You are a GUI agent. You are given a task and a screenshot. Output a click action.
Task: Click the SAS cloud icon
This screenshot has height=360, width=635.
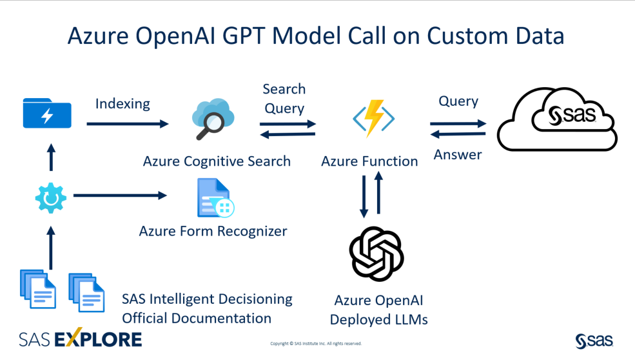point(558,118)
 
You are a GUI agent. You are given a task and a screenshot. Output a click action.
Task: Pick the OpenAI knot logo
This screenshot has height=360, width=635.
point(376,254)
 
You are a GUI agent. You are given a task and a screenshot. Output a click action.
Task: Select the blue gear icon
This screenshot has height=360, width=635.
point(51,198)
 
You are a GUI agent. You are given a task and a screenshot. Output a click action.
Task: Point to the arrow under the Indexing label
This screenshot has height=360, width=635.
point(127,123)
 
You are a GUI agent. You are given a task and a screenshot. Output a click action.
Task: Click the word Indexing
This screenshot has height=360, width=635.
point(122,103)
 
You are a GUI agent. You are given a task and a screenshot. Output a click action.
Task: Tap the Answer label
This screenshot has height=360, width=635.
point(458,155)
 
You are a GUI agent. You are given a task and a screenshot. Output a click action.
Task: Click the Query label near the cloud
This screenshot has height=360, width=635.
point(458,101)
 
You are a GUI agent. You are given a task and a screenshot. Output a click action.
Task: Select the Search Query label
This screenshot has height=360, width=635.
point(284,98)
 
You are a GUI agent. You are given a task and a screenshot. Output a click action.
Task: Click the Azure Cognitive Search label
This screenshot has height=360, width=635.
point(217,161)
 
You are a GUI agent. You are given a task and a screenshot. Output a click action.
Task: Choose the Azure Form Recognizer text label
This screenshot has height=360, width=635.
point(213,230)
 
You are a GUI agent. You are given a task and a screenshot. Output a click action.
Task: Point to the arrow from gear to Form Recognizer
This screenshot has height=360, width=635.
point(120,195)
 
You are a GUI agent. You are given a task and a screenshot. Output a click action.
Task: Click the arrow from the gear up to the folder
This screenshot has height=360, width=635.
point(52,157)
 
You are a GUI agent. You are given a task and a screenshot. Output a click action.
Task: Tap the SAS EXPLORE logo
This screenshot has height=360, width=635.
point(80,339)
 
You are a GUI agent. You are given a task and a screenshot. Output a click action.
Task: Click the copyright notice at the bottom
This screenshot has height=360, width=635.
point(316,344)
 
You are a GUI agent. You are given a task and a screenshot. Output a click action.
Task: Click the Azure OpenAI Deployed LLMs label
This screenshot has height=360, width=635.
point(378,310)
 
